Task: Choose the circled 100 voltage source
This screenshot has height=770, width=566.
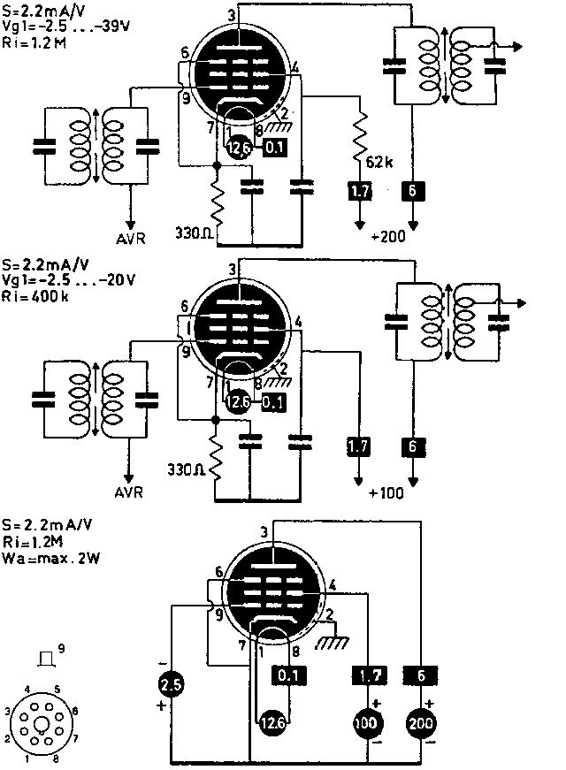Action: click(365, 723)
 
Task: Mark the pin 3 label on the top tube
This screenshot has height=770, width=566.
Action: click(232, 15)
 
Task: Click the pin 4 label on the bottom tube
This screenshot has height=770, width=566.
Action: click(332, 584)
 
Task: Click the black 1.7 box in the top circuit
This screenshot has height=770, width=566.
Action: click(359, 189)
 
